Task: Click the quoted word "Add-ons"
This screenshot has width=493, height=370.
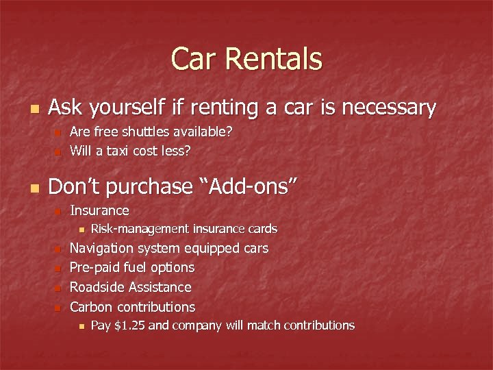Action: coord(247,187)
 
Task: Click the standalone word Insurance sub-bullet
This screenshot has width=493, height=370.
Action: coord(100,210)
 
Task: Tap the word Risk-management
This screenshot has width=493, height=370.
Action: coord(140,228)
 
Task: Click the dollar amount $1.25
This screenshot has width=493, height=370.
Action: coord(129,325)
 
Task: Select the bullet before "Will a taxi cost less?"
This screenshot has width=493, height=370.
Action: coord(59,151)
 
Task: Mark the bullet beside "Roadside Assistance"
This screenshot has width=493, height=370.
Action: coord(59,288)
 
